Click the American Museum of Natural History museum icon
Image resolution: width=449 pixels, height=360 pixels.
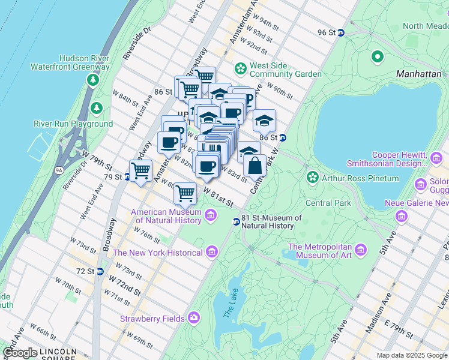211,215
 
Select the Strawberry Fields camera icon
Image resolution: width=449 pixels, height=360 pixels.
194,317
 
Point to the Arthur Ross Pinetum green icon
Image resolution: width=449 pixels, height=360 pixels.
312,178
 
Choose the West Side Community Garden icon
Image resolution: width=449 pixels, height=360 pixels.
241,68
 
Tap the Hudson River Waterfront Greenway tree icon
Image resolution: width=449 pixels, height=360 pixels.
93,79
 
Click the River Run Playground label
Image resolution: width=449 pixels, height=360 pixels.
73,124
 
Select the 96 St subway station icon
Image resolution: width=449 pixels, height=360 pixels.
340,32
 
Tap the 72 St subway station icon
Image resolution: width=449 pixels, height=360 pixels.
100,271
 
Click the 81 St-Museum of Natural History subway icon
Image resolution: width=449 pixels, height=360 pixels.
237,222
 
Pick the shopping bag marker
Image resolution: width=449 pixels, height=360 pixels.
255,165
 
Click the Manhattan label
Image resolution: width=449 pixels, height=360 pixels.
418,74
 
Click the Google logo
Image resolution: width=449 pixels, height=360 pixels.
20,353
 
